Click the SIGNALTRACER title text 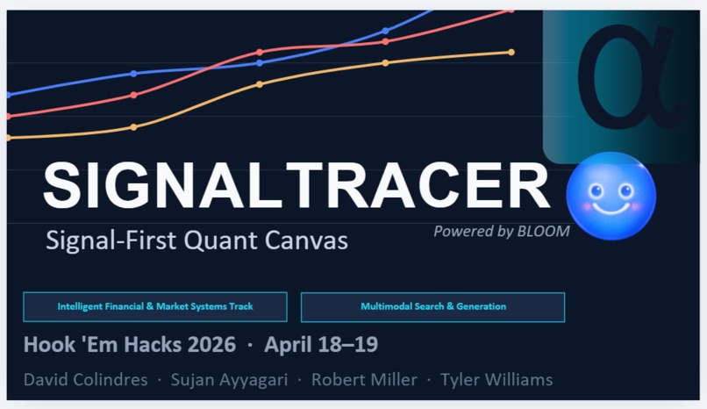click(x=296, y=186)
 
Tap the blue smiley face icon click(x=611, y=197)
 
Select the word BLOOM click(x=543, y=232)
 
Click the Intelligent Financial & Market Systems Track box click(x=155, y=307)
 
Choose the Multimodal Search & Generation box click(x=432, y=307)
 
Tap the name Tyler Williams click(x=496, y=380)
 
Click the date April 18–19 click(x=321, y=345)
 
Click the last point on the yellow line click(x=511, y=53)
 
